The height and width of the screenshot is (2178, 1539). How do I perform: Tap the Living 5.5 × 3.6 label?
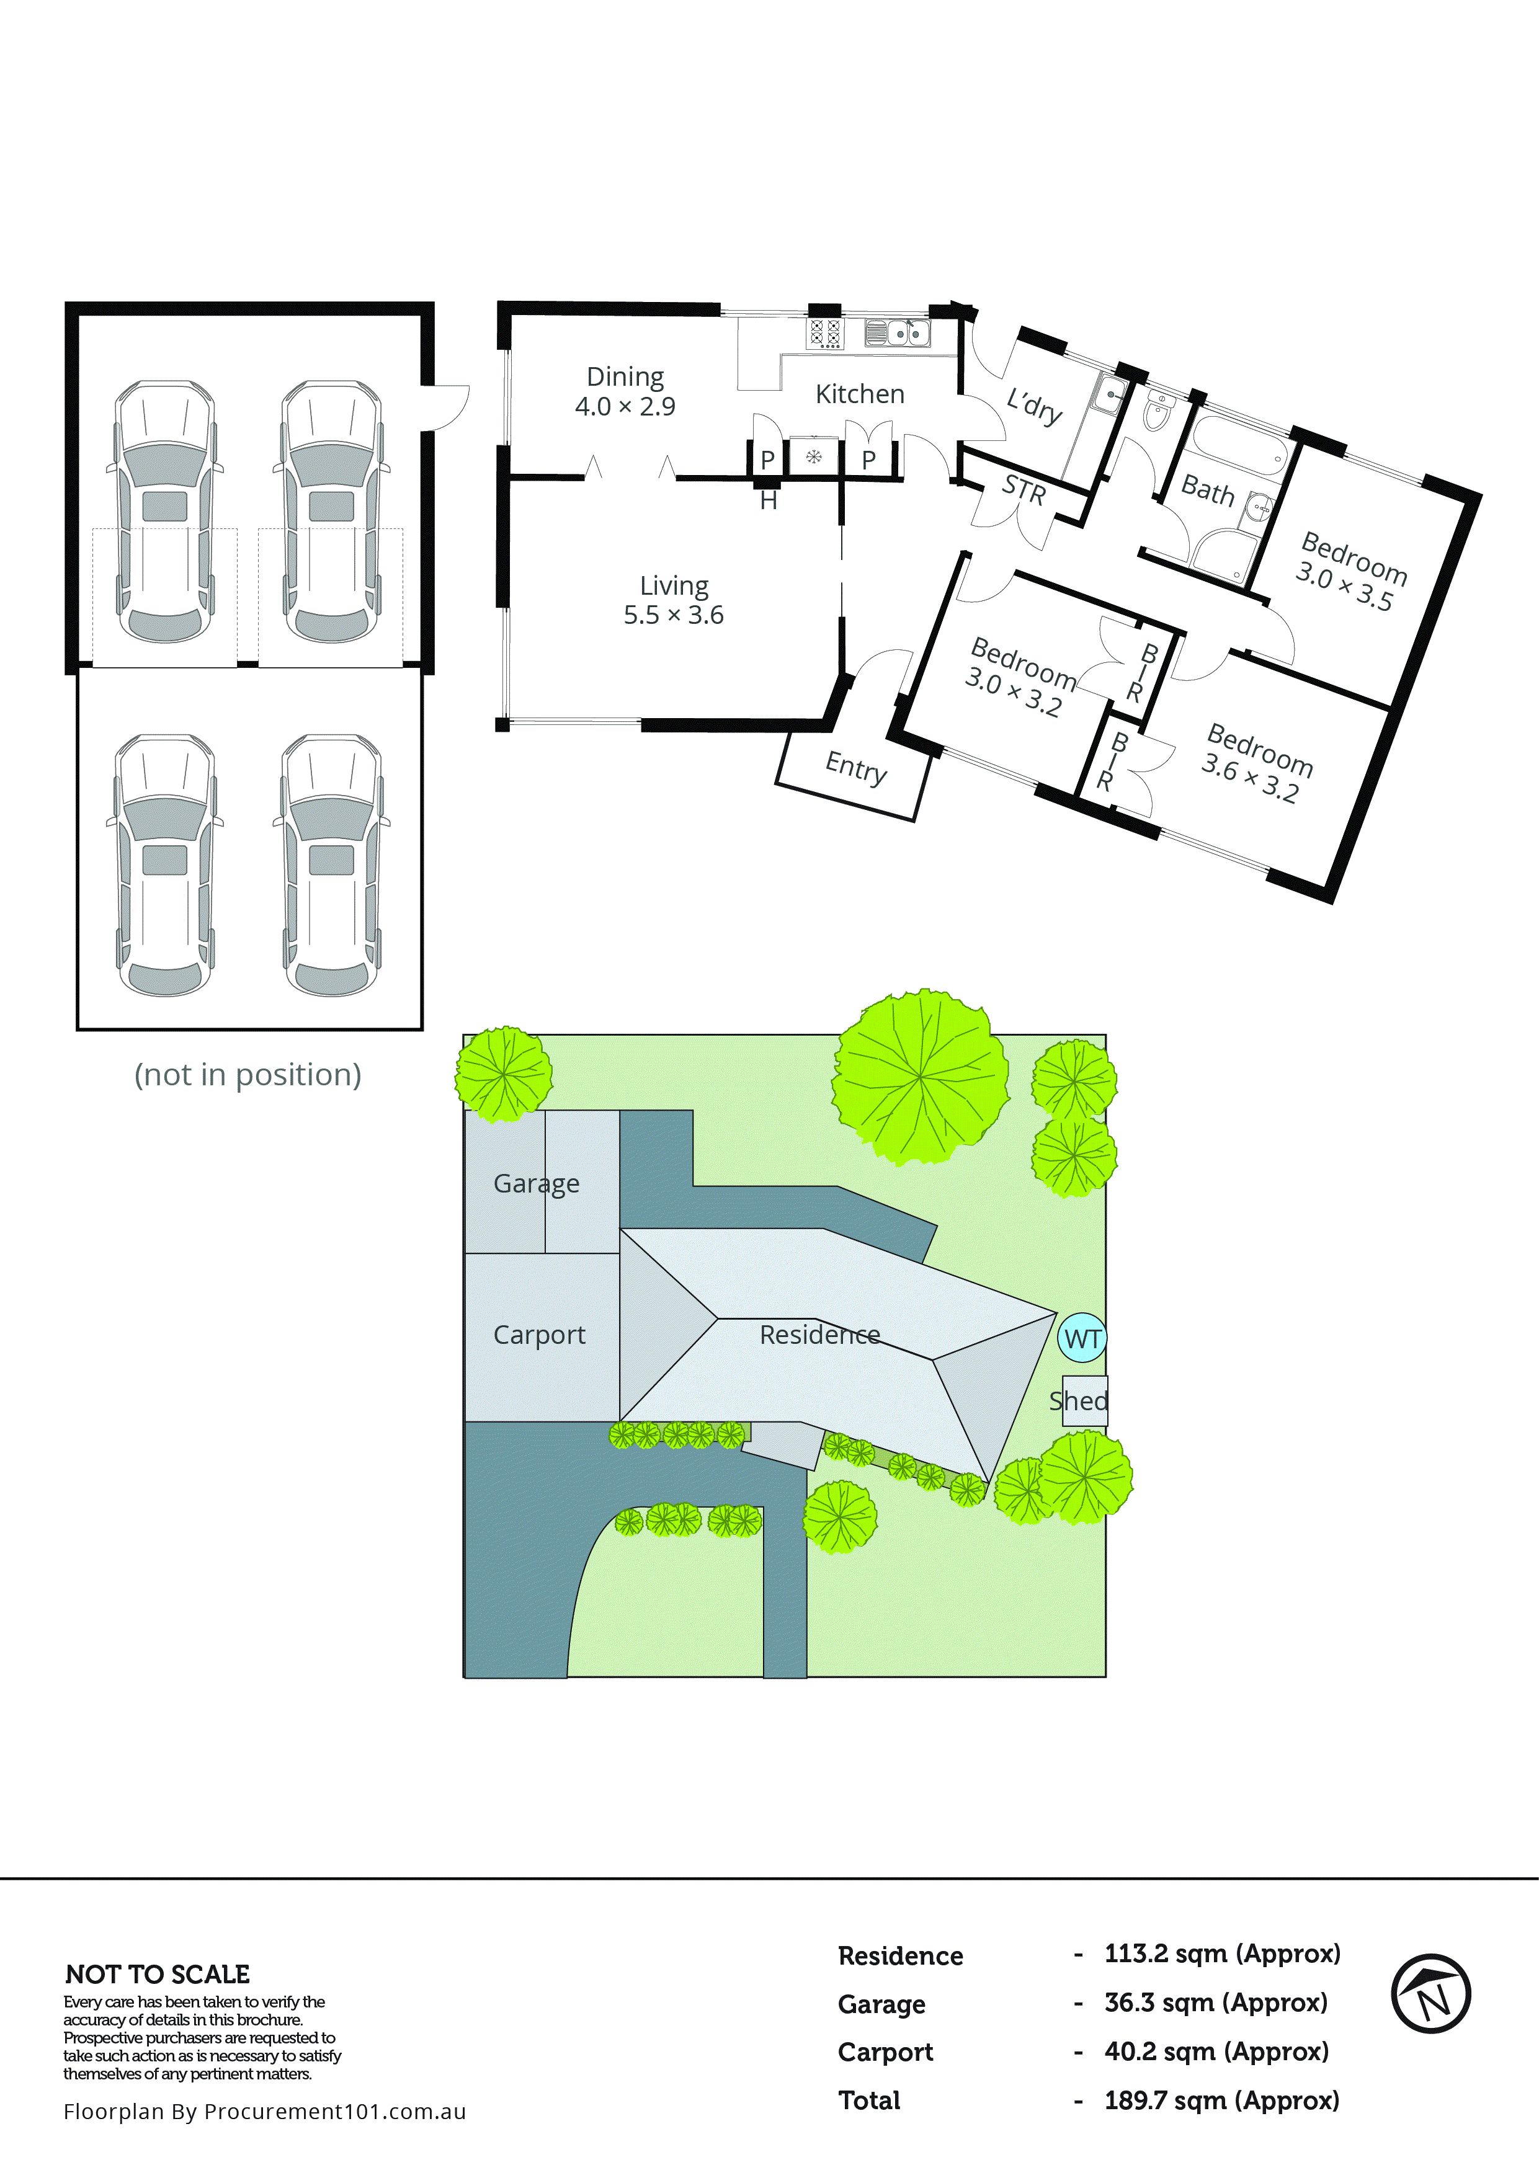point(674,600)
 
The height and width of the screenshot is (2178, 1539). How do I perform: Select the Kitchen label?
point(860,394)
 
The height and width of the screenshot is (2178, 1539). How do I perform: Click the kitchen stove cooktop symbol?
point(824,333)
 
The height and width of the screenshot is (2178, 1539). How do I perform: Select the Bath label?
point(1207,491)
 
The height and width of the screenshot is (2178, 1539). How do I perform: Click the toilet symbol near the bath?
point(1158,412)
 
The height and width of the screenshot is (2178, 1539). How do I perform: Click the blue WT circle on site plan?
point(1082,1338)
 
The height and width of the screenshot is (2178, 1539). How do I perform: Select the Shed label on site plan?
point(1079,1400)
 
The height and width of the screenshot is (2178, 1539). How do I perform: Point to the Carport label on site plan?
point(539,1335)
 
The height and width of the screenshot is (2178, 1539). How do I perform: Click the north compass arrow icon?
point(1431,1993)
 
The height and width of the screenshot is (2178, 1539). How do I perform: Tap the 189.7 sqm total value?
point(1221,2100)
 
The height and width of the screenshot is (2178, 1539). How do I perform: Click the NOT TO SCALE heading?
point(158,1974)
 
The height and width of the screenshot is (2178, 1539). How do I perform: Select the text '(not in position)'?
point(248,1075)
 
